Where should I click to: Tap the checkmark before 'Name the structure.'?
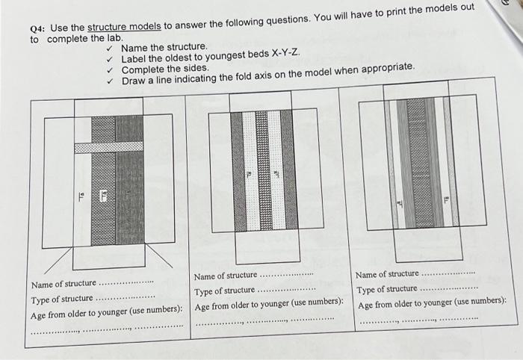tap(110, 48)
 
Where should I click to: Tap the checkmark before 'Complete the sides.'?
tap(110, 69)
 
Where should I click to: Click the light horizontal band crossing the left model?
tap(108, 147)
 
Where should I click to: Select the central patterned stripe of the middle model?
tap(261, 170)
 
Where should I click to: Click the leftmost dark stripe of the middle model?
tap(237, 170)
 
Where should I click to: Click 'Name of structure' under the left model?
tap(64, 284)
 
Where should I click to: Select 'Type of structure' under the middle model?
tap(225, 291)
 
